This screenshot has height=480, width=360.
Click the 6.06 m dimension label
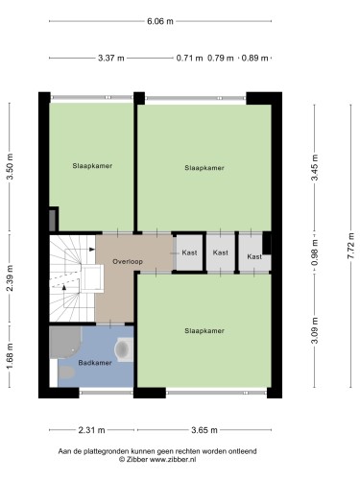click(160, 21)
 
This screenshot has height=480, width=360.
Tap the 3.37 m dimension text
click(110, 59)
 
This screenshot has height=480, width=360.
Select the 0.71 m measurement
click(189, 59)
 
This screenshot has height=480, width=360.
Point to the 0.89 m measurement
click(254, 59)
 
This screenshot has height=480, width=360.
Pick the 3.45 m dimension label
click(315, 167)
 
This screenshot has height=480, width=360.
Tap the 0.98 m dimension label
click(315, 252)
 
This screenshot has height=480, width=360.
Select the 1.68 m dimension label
click(10, 355)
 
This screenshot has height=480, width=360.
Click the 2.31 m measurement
click(91, 430)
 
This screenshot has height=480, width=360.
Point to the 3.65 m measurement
click(204, 430)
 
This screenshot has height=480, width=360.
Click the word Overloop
click(128, 261)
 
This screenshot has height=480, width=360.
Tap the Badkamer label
click(95, 363)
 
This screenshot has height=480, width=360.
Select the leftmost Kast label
click(189, 252)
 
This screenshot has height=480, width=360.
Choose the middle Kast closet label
click(221, 252)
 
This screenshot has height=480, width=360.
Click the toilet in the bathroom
click(66, 372)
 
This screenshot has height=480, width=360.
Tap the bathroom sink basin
click(122, 349)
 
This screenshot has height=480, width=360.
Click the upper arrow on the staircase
click(92, 250)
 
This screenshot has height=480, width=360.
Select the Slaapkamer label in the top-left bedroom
click(92, 166)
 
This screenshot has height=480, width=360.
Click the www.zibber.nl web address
click(173, 460)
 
